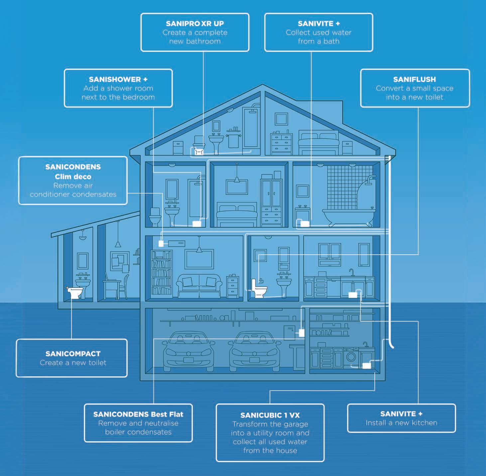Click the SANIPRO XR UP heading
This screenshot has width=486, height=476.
pos(195,24)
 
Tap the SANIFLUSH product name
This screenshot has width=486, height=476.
pos(415,80)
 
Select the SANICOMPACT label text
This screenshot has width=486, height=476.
pos(73,354)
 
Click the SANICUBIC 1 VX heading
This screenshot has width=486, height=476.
pos(270,415)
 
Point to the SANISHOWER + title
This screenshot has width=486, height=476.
pos(118,80)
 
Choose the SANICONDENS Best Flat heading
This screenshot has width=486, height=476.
pos(138,414)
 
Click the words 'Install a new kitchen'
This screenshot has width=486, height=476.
pos(401,423)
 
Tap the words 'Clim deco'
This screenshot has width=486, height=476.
pos(73,176)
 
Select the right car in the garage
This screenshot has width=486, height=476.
pos(254,352)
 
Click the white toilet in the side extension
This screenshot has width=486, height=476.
pos(74,293)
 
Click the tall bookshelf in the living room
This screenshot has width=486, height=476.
pos(162,274)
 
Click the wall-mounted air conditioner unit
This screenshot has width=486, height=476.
pos(176,243)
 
